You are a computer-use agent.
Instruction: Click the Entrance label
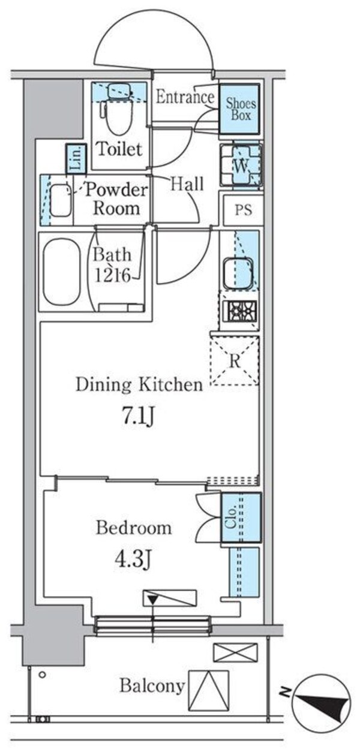[185, 97]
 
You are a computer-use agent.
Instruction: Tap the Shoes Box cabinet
[239, 109]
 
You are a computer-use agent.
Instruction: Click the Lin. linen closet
[76, 159]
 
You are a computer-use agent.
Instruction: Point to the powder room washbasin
[61, 200]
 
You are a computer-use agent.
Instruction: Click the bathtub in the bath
[62, 271]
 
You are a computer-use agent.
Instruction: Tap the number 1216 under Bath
[112, 276]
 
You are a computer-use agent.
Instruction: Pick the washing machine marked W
[241, 165]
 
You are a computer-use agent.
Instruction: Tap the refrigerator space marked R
[235, 360]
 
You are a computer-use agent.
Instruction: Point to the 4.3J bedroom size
[133, 560]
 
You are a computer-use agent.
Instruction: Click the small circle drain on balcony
[42, 673]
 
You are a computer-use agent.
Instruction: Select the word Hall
[187, 184]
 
